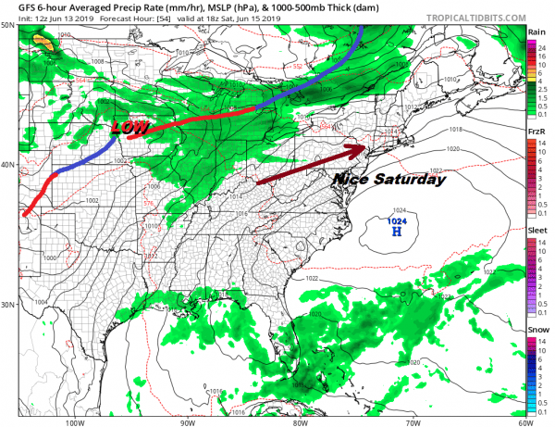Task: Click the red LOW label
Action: pyautogui.click(x=129, y=126)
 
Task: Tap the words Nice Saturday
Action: pyautogui.click(x=389, y=180)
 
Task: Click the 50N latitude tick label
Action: pyautogui.click(x=8, y=26)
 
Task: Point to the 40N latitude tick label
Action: pyautogui.click(x=8, y=166)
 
